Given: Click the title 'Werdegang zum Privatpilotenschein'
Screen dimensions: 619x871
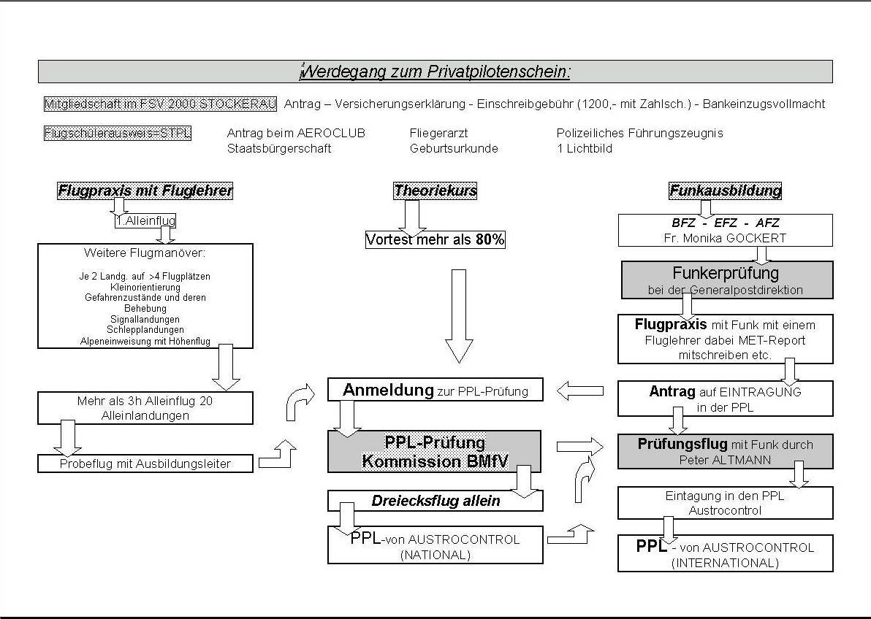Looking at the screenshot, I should coord(435,72).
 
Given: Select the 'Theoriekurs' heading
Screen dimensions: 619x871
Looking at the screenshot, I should coord(435,191).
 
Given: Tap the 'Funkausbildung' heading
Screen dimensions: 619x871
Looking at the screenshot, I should coord(725,191).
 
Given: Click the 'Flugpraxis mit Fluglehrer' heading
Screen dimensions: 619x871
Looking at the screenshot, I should coord(145,191).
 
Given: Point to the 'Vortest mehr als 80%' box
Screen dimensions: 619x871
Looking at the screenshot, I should coord(435,239).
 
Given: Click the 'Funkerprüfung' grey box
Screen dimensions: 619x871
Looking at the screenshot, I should coord(725,280).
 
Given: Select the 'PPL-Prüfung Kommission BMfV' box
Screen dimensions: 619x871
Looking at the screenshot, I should coord(435,452).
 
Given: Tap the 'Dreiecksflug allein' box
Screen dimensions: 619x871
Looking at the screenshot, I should coord(435,501).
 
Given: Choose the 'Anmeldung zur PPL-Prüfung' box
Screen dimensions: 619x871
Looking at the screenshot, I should coord(435,390).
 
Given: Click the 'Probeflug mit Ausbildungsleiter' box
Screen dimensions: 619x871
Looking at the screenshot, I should coord(145,464).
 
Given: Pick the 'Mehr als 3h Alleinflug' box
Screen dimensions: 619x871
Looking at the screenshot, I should coord(145,408).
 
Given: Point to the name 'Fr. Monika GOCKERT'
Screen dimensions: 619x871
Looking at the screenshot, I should coord(725,237).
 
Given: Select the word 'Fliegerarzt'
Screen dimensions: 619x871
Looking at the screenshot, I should coord(438,134).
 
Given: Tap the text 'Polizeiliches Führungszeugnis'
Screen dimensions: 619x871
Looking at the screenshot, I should coord(639,134).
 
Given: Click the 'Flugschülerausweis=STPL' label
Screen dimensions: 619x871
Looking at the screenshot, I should coord(118,134).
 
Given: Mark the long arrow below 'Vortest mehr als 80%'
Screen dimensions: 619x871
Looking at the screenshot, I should coord(459,315).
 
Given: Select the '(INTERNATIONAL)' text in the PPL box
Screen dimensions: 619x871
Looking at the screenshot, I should coord(725,563).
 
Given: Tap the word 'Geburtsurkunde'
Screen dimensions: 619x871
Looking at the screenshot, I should coord(454,149).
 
